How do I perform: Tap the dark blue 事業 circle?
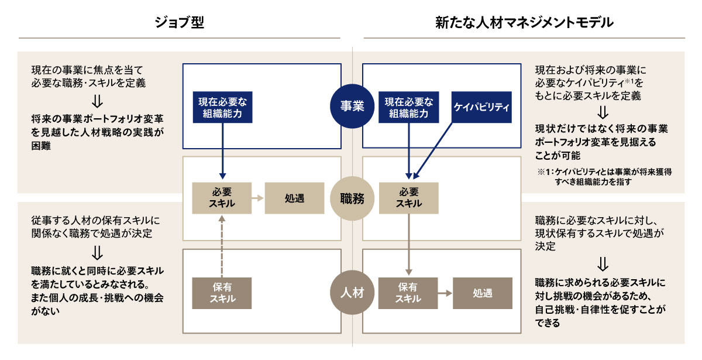[x=352, y=106]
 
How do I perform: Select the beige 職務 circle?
[x=352, y=198]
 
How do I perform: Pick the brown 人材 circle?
[x=352, y=292]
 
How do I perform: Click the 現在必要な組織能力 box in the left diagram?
[x=222, y=107]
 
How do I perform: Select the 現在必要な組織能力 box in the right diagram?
[x=409, y=107]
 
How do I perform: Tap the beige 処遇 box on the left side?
[x=294, y=198]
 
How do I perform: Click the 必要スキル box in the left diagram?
[x=222, y=198]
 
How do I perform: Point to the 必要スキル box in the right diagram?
[x=409, y=198]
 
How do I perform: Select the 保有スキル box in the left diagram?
[x=222, y=292]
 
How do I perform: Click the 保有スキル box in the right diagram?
[x=409, y=292]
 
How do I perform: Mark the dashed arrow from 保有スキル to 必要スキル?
[x=222, y=246]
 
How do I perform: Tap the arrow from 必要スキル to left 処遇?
[x=258, y=198]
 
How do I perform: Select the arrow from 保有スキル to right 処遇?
[x=445, y=292]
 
